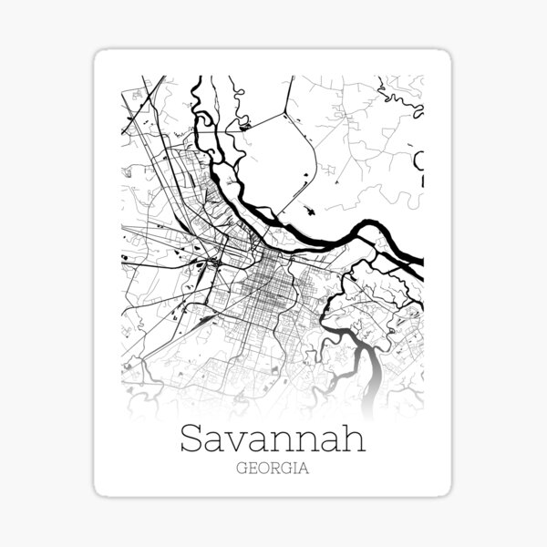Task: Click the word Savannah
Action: [273, 439]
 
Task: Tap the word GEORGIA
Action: [273, 470]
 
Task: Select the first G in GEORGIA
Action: [240, 470]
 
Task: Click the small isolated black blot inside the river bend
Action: [312, 211]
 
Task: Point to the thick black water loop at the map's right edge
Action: [419, 164]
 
